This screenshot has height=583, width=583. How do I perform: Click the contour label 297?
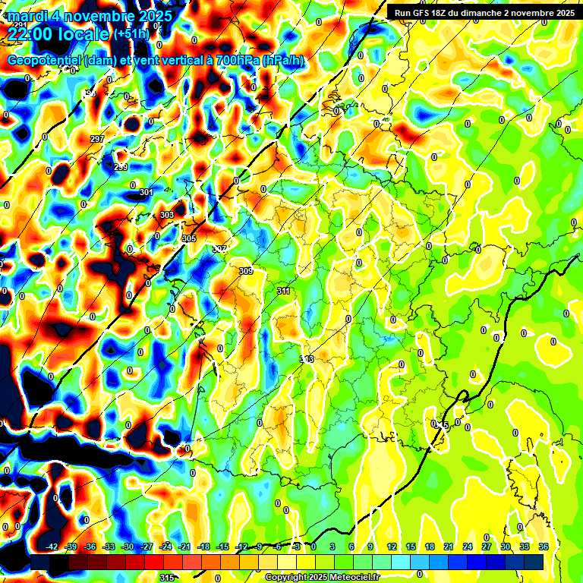pyautogui.click(x=97, y=139)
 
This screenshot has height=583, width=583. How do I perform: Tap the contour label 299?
pyautogui.click(x=121, y=167)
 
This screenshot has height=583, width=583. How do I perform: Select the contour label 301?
pyautogui.click(x=146, y=192)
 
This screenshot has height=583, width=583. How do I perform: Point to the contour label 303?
pyautogui.click(x=167, y=216)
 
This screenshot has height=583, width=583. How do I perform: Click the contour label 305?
pyautogui.click(x=190, y=238)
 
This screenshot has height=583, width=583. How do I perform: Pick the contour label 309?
pyautogui.click(x=245, y=271)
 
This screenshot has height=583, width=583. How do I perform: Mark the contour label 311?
pyautogui.click(x=283, y=291)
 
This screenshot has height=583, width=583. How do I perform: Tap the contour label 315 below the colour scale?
pyautogui.click(x=167, y=578)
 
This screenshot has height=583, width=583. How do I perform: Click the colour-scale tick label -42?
pyautogui.click(x=52, y=547)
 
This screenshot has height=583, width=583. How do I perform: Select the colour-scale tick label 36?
pyautogui.click(x=544, y=547)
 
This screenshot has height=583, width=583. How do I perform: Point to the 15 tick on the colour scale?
pyautogui.click(x=410, y=547)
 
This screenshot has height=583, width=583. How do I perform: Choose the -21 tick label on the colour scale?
pyautogui.click(x=184, y=547)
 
